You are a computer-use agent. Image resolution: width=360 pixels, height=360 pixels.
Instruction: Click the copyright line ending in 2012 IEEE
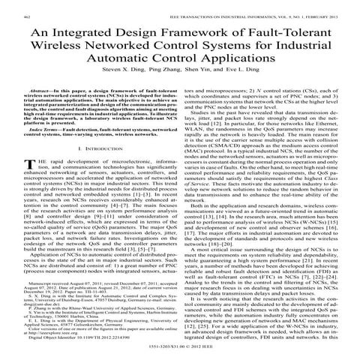tap(180, 349)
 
